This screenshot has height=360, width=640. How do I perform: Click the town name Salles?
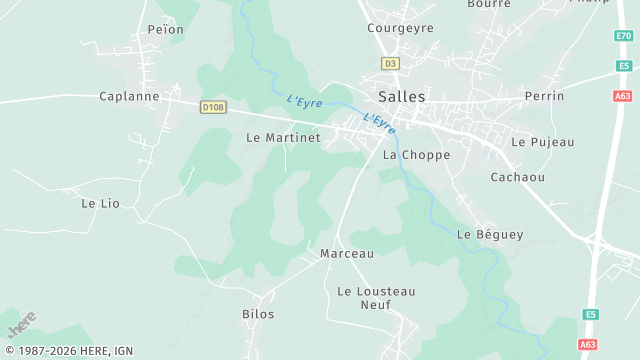pyautogui.click(x=402, y=97)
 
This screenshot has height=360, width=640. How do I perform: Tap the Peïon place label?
pyautogui.click(x=166, y=30)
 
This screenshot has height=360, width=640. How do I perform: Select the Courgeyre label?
pyautogui.click(x=400, y=28)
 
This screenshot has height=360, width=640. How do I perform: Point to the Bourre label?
pyautogui.click(x=488, y=4)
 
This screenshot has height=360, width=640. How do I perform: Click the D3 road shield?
pyautogui.click(x=390, y=63)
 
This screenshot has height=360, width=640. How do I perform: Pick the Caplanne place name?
pyautogui.click(x=129, y=97)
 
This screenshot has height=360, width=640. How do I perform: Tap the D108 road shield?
pyautogui.click(x=212, y=105)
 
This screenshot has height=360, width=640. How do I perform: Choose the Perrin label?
pyautogui.click(x=544, y=96)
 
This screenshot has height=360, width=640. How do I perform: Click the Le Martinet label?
pyautogui.click(x=283, y=138)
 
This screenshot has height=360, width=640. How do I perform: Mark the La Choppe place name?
pyautogui.click(x=416, y=156)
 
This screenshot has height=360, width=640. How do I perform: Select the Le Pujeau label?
pyautogui.click(x=543, y=142)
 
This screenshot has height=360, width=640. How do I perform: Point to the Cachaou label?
pyautogui.click(x=517, y=177)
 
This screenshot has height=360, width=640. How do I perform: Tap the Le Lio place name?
pyautogui.click(x=100, y=203)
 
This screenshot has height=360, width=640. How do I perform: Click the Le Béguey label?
pyautogui.click(x=490, y=235)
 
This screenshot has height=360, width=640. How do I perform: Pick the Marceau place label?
pyautogui.click(x=346, y=254)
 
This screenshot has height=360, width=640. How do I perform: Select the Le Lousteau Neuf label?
pyautogui.click(x=376, y=298)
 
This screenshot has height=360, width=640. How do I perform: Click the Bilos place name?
pyautogui.click(x=258, y=314)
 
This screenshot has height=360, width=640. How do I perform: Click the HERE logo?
pyautogui.click(x=22, y=324)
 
